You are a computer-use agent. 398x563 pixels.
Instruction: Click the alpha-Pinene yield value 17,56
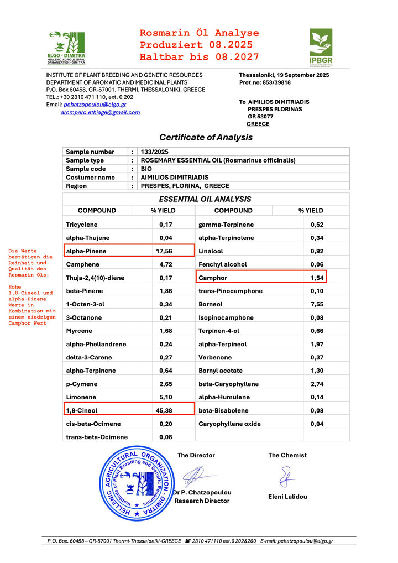point(166,251)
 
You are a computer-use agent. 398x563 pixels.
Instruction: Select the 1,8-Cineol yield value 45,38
point(166,410)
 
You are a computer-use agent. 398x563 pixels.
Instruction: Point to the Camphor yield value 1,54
point(316,278)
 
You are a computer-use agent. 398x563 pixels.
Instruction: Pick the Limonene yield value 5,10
point(166,397)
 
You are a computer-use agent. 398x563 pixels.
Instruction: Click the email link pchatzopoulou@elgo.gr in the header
point(95,104)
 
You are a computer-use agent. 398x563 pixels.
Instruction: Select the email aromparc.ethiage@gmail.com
point(100,112)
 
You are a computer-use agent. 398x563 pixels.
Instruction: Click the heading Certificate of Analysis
point(206,137)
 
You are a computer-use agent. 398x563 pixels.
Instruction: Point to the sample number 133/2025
point(155,152)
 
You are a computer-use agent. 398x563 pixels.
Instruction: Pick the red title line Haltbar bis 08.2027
point(199,57)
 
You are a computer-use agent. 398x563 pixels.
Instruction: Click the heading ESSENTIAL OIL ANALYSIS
point(205,199)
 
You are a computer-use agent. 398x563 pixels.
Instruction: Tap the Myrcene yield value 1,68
point(166,331)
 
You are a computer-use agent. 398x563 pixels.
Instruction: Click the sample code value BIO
point(146,169)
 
